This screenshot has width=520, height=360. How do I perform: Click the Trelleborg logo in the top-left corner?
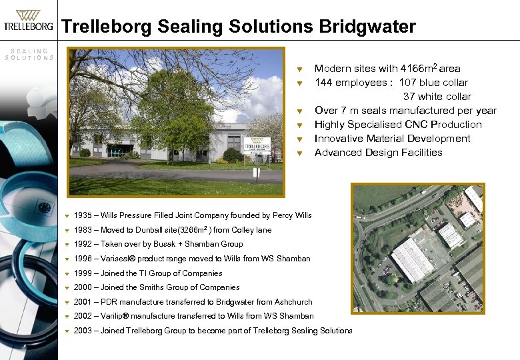click(28, 21)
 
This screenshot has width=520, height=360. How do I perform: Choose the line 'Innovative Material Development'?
click(392, 139)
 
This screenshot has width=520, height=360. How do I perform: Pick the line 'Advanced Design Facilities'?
click(378, 153)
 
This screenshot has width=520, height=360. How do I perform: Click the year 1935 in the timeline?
click(83, 215)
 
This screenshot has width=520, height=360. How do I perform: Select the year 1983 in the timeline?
click(83, 230)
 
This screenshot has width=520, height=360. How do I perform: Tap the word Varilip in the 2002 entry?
click(114, 316)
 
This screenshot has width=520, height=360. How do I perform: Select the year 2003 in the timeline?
click(83, 331)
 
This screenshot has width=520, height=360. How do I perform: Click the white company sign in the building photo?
click(257, 146)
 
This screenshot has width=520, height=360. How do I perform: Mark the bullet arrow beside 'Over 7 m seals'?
click(301, 111)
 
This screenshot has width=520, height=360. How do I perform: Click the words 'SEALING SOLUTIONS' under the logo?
click(29, 54)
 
